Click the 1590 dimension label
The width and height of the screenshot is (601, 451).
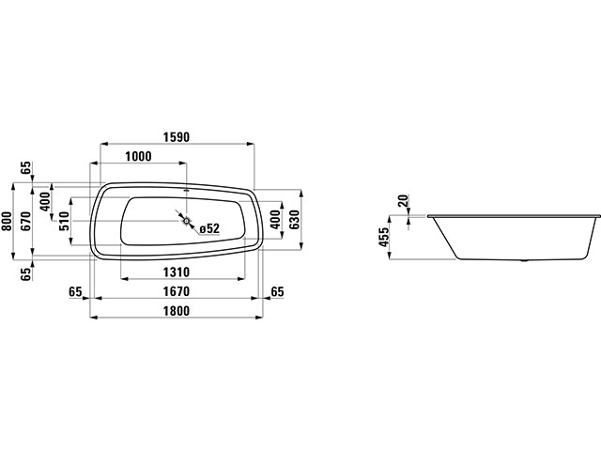tap(177, 137)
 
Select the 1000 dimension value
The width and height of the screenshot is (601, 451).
tap(138, 157)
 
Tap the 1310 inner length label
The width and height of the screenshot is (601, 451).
tap(177, 272)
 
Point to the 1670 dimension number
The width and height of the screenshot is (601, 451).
tap(177, 291)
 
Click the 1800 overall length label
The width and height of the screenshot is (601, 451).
tap(177, 311)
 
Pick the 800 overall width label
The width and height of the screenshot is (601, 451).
tap(7, 222)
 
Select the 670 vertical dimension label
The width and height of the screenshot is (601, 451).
tap(25, 222)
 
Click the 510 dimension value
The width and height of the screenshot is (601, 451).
tap(64, 221)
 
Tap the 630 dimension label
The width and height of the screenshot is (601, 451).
tap(295, 220)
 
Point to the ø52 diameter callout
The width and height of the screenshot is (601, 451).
tap(209, 229)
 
